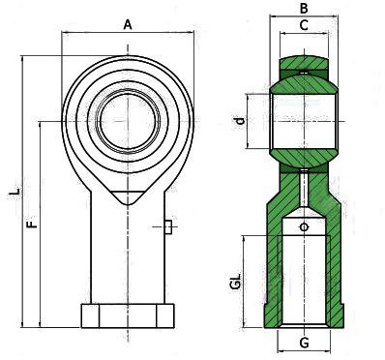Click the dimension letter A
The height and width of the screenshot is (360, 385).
click(128, 24)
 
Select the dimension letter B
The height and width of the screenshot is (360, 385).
click(304, 8)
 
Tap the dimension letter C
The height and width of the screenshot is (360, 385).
click(304, 25)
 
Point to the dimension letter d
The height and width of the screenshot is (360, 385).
click(240, 121)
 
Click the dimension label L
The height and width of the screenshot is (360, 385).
click(15, 191)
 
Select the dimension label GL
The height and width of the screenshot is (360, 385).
click(236, 281)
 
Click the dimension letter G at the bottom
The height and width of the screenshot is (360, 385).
click(304, 343)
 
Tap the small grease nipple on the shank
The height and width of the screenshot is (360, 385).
click(167, 227)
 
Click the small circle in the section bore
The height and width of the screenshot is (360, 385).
click(304, 227)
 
